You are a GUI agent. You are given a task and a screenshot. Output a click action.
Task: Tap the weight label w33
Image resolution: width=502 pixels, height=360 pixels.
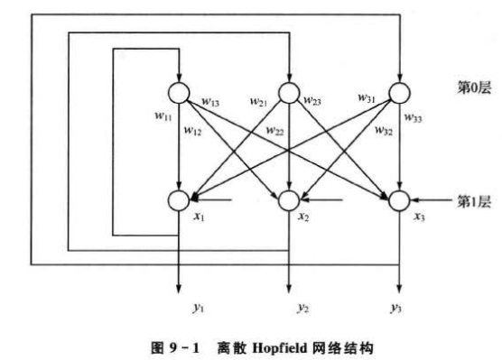[414, 116]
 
